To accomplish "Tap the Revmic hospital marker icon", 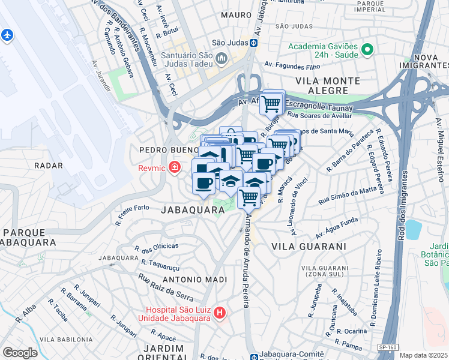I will (x=175, y=167).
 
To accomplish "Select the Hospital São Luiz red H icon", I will (x=220, y=313).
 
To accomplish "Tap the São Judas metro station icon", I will (x=254, y=43).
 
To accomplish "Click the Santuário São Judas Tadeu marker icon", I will (x=221, y=58).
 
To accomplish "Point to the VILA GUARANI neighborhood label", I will (x=309, y=247).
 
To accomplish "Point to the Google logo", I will (x=20, y=352).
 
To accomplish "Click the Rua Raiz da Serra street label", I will (x=166, y=287).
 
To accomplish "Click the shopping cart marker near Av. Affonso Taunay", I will (x=272, y=103).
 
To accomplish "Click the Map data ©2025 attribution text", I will (x=424, y=355).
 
